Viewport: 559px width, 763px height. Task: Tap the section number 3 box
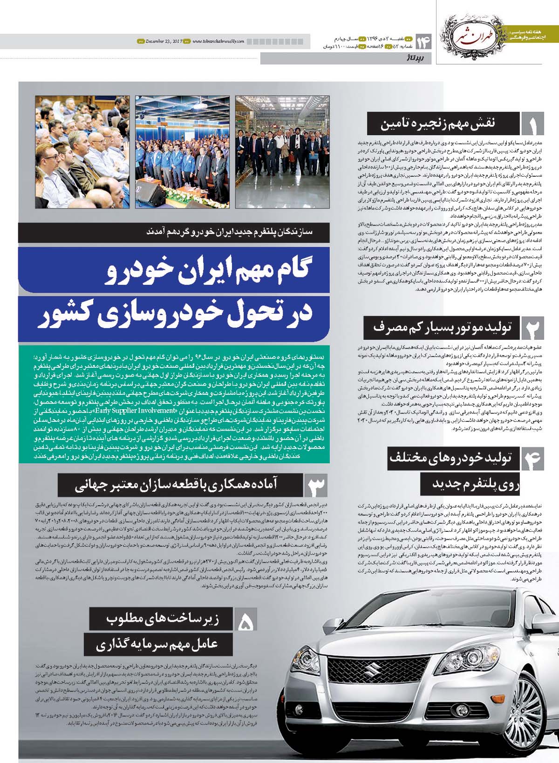(x=316, y=485)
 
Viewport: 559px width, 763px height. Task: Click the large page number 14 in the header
(x=424, y=43)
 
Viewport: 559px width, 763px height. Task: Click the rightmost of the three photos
(x=282, y=151)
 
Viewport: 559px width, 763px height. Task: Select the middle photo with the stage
(x=182, y=151)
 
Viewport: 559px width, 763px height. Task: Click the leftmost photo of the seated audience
(x=82, y=151)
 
